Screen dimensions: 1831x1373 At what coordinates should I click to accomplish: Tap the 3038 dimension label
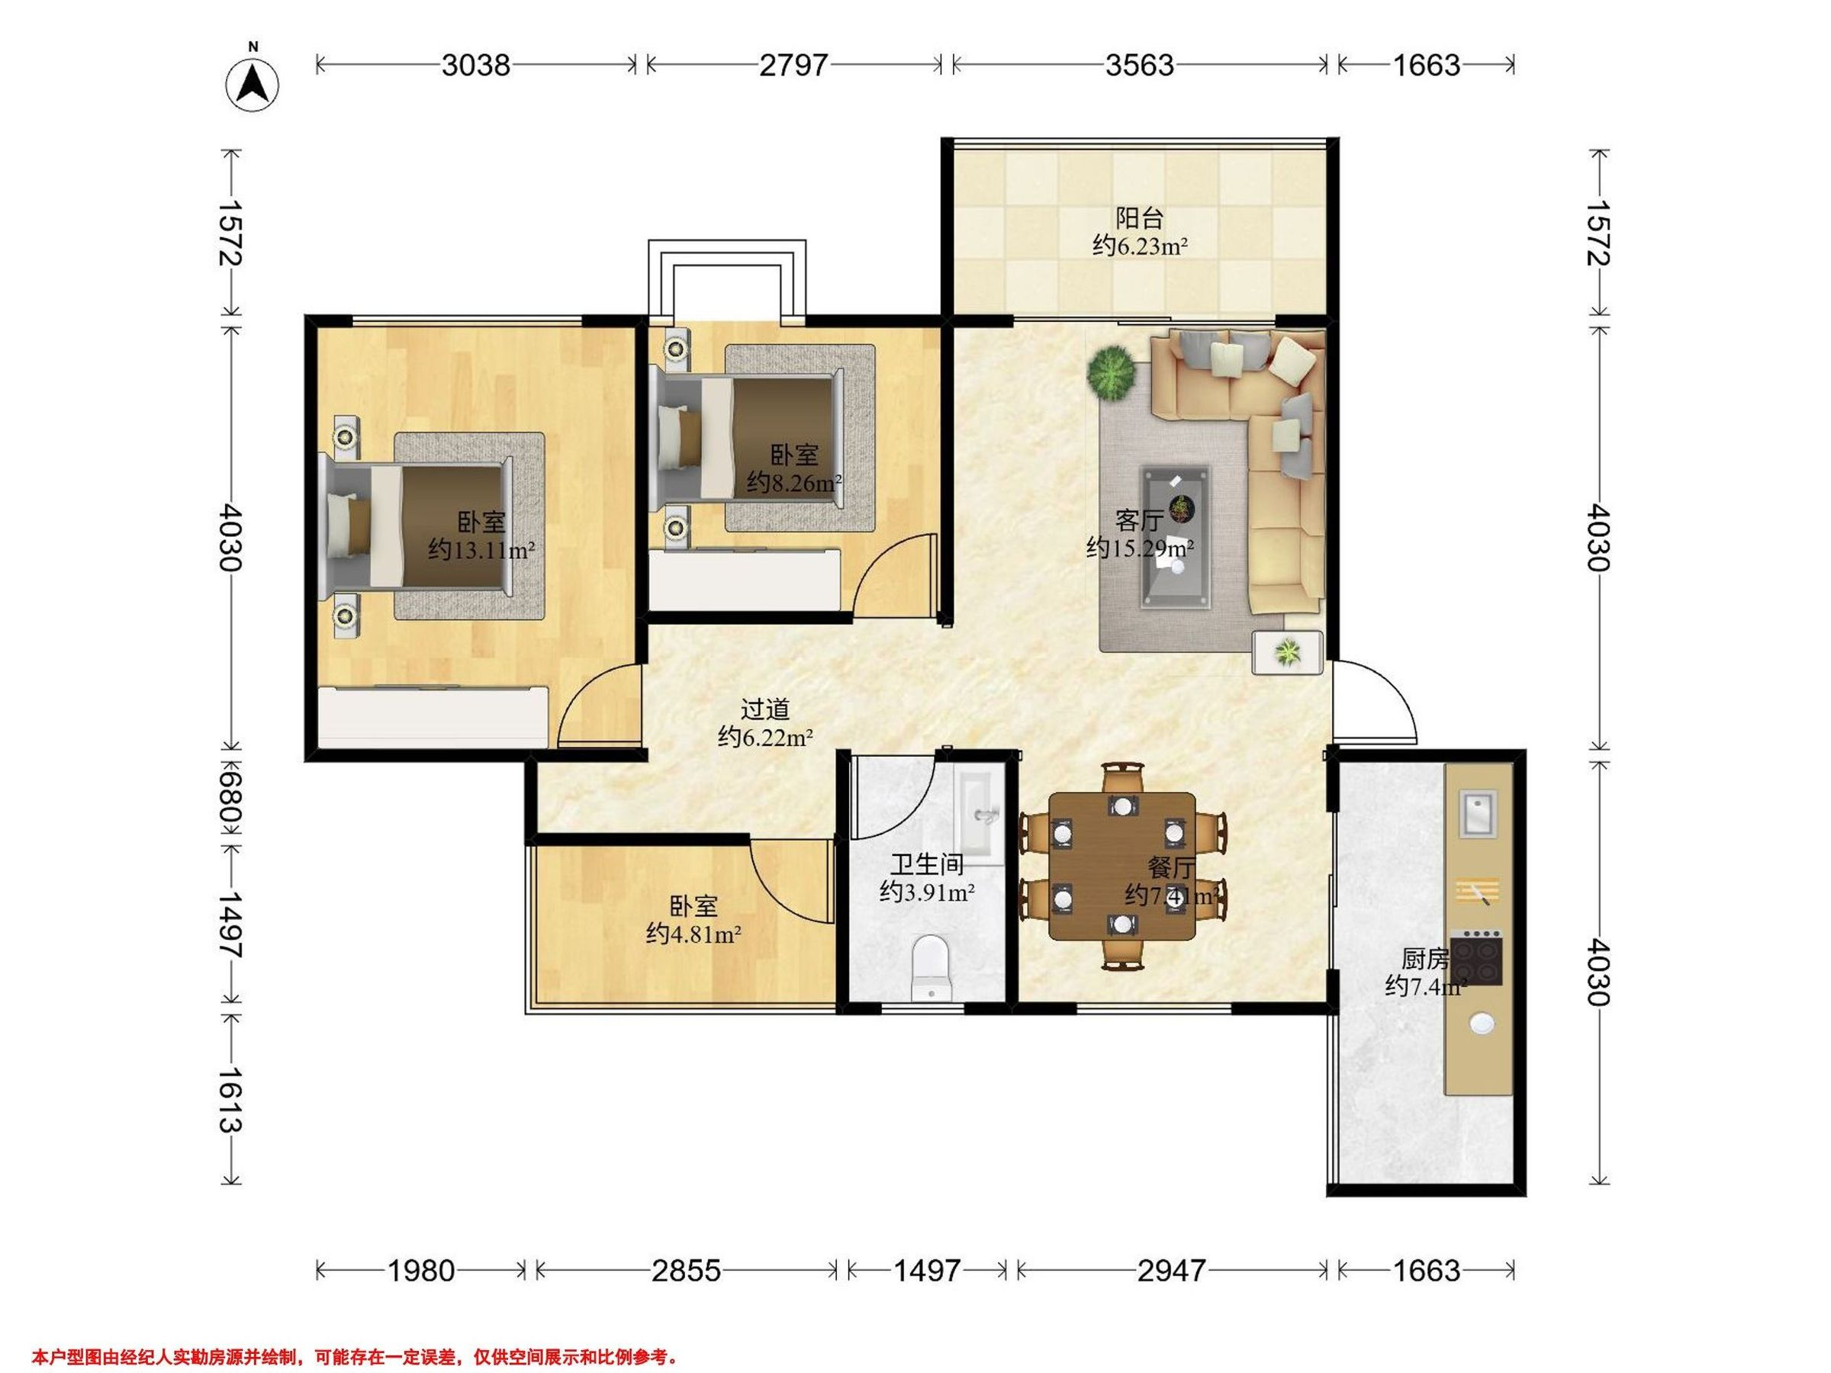coord(475,65)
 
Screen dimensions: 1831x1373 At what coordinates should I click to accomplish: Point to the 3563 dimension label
coord(1139,65)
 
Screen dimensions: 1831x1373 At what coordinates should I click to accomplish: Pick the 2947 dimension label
coord(1170,1269)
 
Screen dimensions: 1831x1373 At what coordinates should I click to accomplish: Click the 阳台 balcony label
coord(1139,217)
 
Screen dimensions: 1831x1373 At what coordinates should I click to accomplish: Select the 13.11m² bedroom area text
coord(481,549)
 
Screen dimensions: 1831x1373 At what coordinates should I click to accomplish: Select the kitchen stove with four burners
coord(1477,957)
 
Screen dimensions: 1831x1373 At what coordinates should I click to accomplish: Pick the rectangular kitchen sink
coord(1478,812)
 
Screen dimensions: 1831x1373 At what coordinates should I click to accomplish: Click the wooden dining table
coord(1121,866)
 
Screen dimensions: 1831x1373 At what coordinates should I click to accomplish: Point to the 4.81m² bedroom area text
coord(693,934)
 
